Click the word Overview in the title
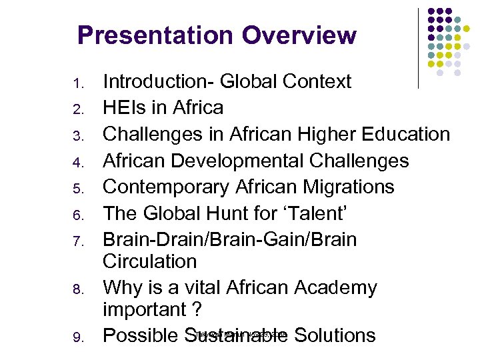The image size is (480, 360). [x=299, y=35]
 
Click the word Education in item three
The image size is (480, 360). [x=406, y=134]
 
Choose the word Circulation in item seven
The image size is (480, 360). [x=150, y=261]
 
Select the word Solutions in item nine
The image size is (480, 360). [x=335, y=335]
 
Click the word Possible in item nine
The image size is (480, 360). [x=141, y=335]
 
